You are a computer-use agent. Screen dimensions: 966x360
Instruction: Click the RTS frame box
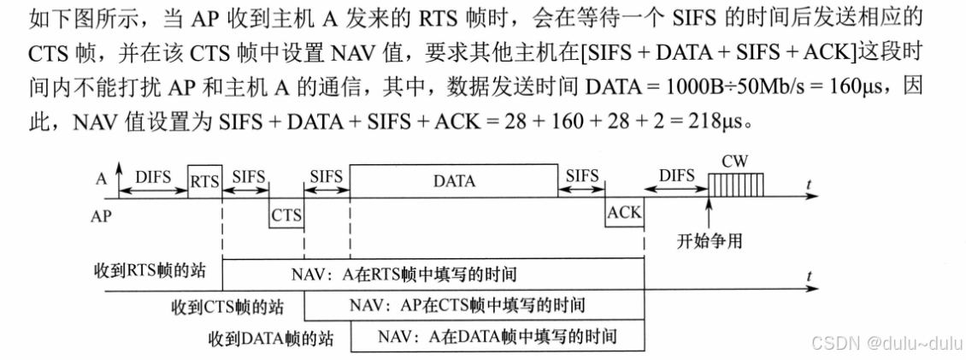[204, 181]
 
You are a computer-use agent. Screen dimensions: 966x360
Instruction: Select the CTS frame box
[286, 216]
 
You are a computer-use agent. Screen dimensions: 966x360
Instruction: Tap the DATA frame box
[454, 181]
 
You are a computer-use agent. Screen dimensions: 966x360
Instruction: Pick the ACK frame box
[624, 215]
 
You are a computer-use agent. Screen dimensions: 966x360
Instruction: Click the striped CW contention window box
[738, 182]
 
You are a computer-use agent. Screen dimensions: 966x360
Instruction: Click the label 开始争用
[709, 241]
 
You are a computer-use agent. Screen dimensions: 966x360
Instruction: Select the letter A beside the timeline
[101, 179]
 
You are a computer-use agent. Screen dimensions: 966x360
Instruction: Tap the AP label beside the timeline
[102, 216]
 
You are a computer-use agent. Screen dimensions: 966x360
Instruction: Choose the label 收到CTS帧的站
[227, 305]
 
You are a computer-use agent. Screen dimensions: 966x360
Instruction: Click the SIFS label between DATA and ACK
[582, 175]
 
